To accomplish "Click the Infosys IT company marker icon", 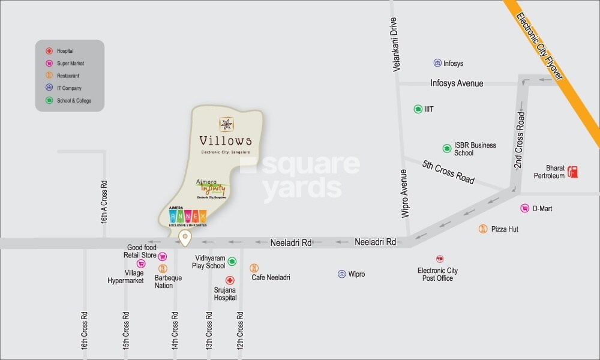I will pyautogui.click(x=437, y=63).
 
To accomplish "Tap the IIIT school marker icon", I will pyautogui.click(x=418, y=109).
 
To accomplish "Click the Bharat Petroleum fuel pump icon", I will pyautogui.click(x=574, y=172).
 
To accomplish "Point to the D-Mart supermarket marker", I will pyautogui.click(x=524, y=208).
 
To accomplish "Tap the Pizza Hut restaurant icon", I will pyautogui.click(x=483, y=229).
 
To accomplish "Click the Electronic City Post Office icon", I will pyautogui.click(x=439, y=259).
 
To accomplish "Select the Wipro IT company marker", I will pyautogui.click(x=342, y=274).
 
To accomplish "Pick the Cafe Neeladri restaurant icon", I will pyautogui.click(x=254, y=268).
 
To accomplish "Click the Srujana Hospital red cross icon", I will pyautogui.click(x=229, y=280).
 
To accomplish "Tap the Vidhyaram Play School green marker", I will pyautogui.click(x=232, y=261).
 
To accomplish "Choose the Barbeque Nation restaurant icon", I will pyautogui.click(x=163, y=268).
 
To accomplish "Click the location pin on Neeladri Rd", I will pyautogui.click(x=185, y=238).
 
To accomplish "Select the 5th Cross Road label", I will pyautogui.click(x=448, y=172).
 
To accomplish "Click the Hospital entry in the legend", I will pyautogui.click(x=65, y=52).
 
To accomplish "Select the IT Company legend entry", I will pyautogui.click(x=68, y=88).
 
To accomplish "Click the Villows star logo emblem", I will pyautogui.click(x=226, y=124).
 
